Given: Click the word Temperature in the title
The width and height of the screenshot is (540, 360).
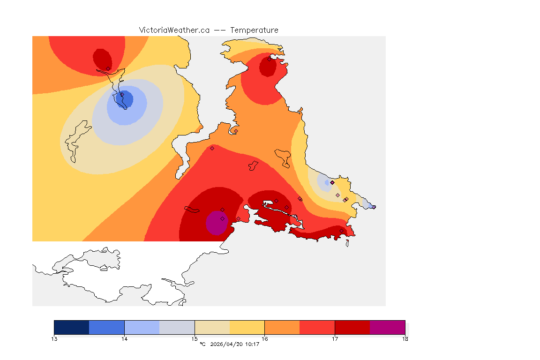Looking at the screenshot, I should click(254, 30).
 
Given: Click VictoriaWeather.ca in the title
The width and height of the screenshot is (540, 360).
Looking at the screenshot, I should click(174, 30).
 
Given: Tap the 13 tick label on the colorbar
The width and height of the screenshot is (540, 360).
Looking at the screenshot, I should click(54, 338).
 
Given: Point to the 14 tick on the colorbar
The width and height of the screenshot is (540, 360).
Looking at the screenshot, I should click(124, 338).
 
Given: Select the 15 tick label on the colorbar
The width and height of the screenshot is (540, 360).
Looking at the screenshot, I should click(195, 338).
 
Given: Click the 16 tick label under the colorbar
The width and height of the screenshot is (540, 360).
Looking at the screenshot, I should click(264, 338).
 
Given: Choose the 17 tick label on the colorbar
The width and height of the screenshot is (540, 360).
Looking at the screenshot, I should click(335, 338).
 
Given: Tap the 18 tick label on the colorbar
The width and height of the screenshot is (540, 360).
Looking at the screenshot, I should click(405, 338).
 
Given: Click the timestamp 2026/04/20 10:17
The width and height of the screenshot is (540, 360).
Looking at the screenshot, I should click(235, 345).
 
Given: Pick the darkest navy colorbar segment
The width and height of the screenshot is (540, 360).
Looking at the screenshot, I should click(72, 327).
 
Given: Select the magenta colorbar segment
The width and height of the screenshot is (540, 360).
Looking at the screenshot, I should click(387, 327).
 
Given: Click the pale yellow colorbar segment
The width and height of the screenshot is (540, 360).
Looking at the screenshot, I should click(247, 327).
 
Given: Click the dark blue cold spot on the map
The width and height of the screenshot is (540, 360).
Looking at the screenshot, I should click(126, 99).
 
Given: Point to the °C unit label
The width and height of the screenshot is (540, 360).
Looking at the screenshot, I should click(202, 345).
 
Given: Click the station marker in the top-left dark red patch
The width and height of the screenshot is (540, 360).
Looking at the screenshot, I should click(108, 68).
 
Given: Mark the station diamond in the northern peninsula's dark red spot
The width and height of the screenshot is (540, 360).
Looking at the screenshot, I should click(269, 59).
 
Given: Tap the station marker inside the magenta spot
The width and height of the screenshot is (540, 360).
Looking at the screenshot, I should click(222, 218).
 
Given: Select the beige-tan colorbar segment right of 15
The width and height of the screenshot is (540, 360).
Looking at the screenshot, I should click(212, 327).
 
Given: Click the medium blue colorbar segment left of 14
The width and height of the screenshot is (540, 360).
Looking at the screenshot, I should click(107, 327).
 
